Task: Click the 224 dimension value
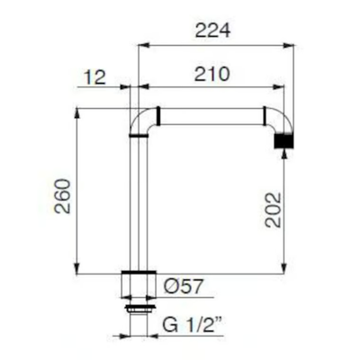(212, 31)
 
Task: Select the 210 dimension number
(212, 74)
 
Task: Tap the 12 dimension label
(94, 77)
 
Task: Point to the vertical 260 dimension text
(62, 196)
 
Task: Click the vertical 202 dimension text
(274, 210)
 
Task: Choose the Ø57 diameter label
(184, 286)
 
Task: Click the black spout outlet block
(283, 140)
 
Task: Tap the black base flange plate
(139, 272)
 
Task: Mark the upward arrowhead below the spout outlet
(284, 154)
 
